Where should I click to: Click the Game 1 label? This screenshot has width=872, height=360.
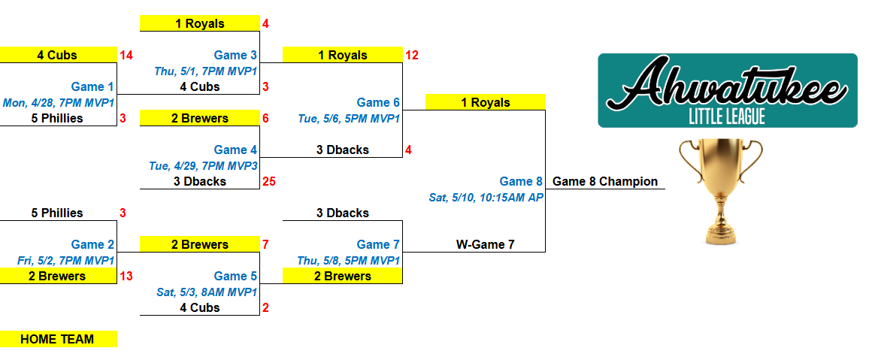(92, 87)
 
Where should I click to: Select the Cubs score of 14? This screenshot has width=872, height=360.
(126, 55)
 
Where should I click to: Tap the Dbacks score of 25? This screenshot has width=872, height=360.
(269, 181)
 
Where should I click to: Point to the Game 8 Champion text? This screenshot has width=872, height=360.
(605, 181)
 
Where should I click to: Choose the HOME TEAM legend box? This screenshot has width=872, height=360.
(58, 339)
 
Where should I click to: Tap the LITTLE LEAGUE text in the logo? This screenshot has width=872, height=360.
(727, 116)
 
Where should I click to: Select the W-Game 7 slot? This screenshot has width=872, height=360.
(485, 244)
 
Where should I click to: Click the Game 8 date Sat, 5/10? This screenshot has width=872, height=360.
(486, 198)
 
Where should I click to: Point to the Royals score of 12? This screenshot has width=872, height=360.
(411, 55)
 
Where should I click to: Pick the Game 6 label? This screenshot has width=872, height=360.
(378, 102)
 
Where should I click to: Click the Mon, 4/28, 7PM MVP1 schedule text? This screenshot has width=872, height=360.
(59, 103)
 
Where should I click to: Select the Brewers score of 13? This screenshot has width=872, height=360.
(126, 276)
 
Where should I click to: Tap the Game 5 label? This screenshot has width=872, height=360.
(235, 276)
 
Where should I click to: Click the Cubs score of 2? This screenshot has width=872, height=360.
(265, 307)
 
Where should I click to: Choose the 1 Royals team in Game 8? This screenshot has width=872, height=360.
(485, 102)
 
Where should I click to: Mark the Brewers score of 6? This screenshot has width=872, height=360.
(265, 118)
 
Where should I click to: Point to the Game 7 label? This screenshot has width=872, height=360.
(378, 244)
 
